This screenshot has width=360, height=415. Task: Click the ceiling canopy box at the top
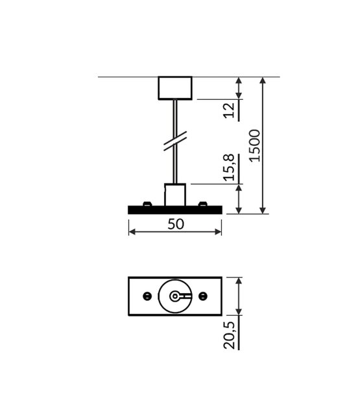[175, 88]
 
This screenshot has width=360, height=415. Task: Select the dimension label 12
[228, 110]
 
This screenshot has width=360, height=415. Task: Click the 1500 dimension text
[255, 146]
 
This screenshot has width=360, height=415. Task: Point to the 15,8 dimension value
[228, 168]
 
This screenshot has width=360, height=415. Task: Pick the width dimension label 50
[175, 224]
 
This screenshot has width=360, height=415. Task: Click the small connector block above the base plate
[175, 195]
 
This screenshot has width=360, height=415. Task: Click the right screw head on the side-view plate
[203, 205]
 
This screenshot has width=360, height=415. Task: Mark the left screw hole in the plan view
[147, 296]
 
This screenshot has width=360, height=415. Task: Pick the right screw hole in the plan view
[203, 296]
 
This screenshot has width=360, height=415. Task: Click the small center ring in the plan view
[174, 296]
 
